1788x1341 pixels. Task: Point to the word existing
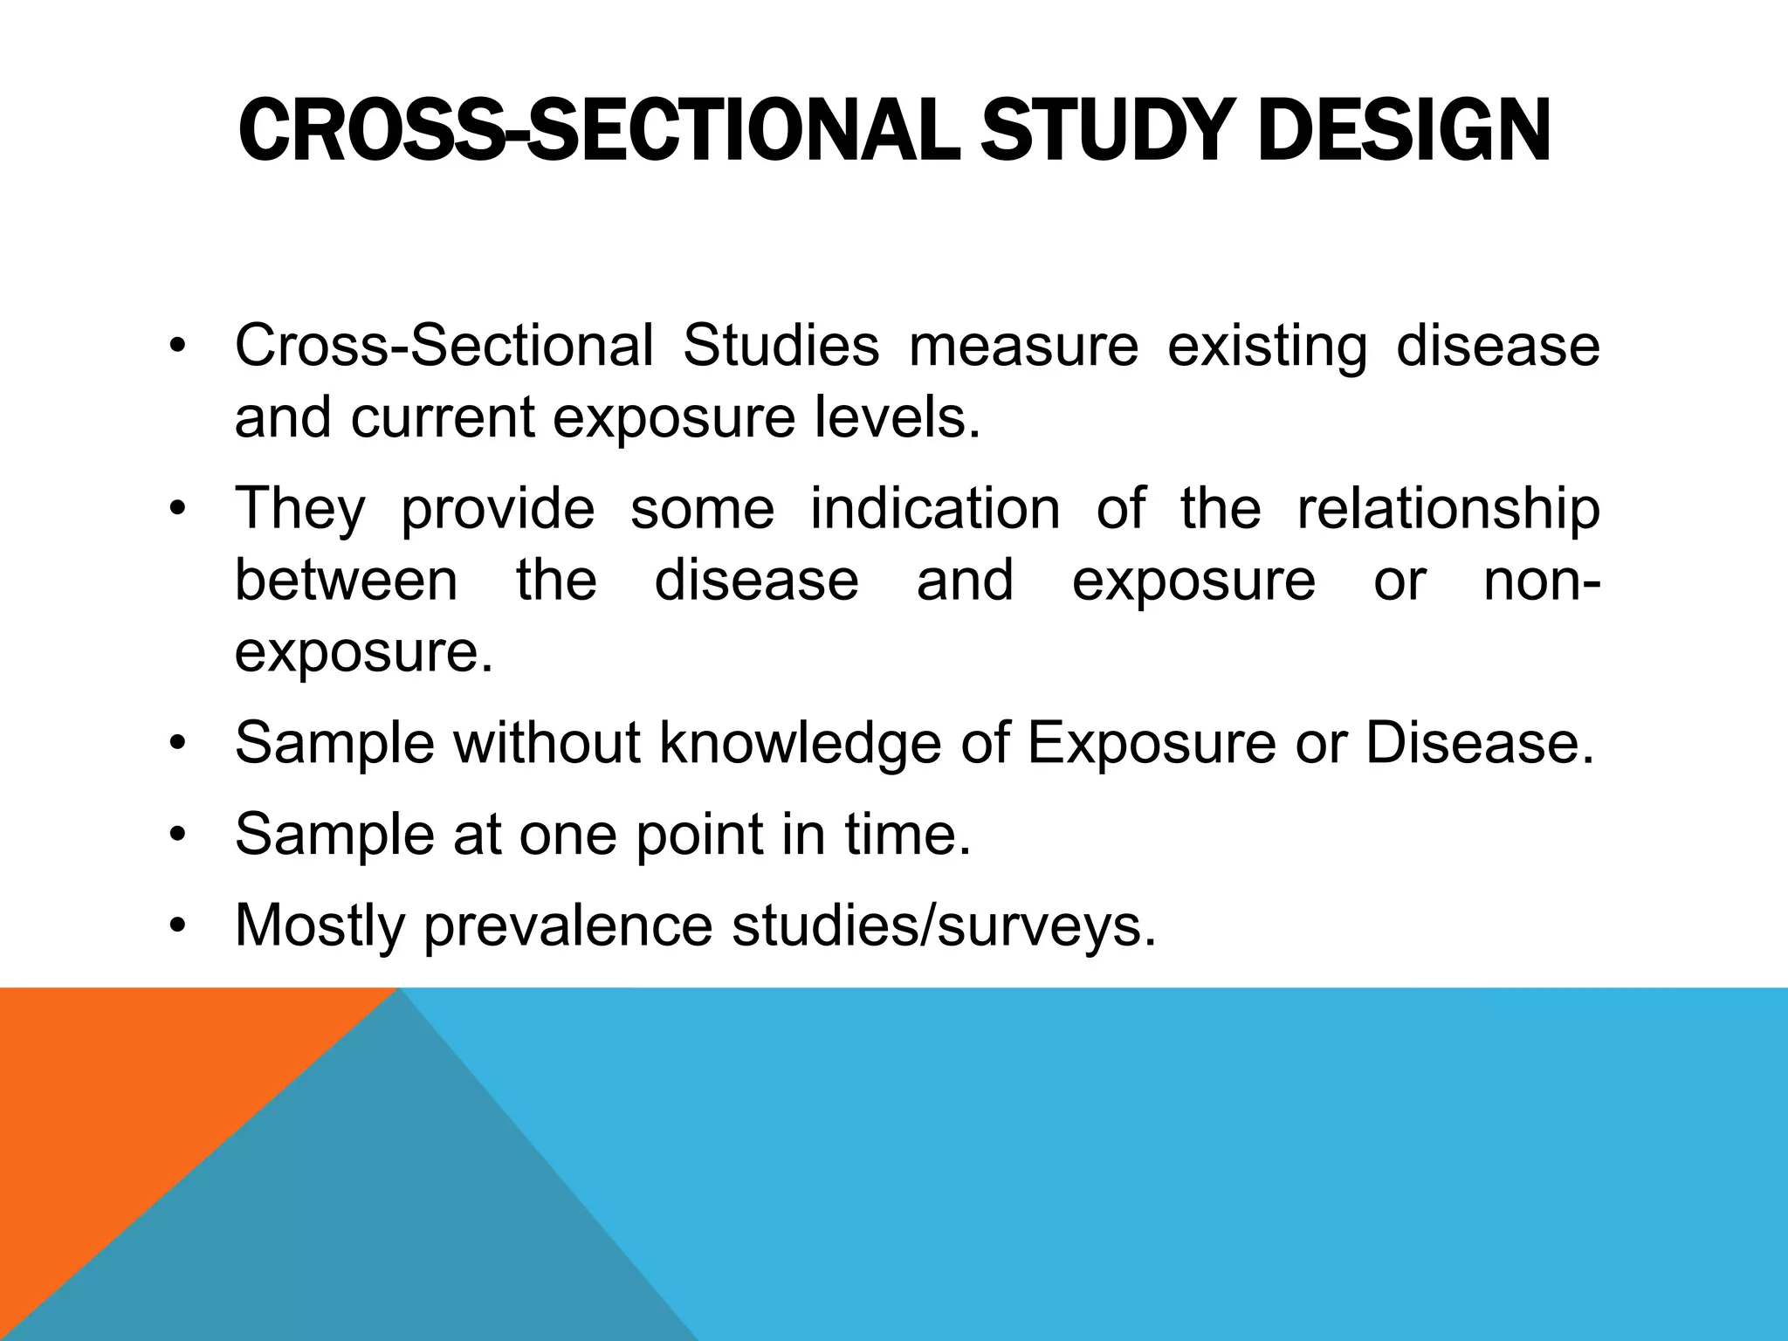[1267, 347]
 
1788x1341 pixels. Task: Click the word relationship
[1448, 509]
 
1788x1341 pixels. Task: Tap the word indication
[935, 509]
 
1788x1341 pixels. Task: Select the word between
[347, 581]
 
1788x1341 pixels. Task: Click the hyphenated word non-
[1541, 581]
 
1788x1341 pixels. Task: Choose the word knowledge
[800, 744]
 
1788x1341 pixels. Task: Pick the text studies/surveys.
[944, 925]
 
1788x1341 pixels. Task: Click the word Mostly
[320, 925]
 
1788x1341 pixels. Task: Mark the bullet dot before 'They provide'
[178, 509]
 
